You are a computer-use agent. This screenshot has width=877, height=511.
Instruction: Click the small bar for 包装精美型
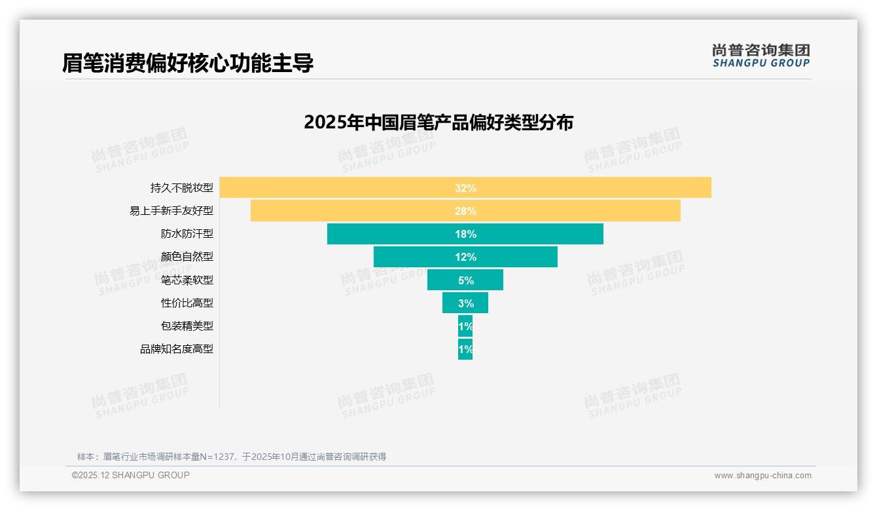[465, 326]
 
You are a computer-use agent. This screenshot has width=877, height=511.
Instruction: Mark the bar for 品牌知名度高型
[465, 349]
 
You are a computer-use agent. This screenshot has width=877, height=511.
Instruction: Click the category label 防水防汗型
[187, 234]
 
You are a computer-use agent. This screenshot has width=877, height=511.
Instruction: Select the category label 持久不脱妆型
[182, 188]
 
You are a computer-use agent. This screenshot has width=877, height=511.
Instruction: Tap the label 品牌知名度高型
[177, 349]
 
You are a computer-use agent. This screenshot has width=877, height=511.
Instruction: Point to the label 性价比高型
[187, 303]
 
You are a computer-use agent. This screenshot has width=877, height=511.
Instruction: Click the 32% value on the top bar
[465, 188]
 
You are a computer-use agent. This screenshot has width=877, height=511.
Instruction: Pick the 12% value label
[465, 257]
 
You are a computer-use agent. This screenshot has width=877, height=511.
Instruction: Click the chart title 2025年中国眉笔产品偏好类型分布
[438, 123]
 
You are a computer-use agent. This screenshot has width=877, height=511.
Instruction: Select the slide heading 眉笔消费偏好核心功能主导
[188, 63]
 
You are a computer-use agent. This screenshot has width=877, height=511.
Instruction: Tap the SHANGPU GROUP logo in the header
[761, 56]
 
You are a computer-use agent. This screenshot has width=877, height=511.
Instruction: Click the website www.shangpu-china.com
[762, 476]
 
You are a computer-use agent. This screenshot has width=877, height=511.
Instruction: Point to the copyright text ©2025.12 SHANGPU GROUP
[131, 475]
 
